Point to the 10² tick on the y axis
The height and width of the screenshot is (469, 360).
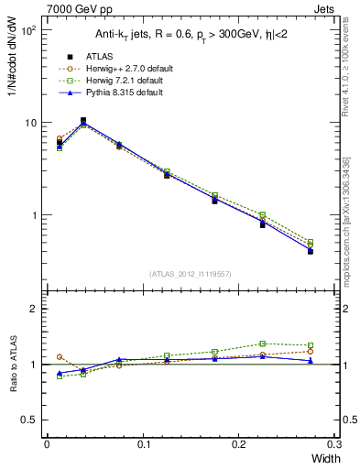pyautogui.click(x=27, y=30)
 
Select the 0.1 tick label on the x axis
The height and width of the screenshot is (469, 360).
pyautogui.click(x=142, y=444)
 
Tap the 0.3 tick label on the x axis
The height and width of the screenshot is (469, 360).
pyautogui.click(x=335, y=444)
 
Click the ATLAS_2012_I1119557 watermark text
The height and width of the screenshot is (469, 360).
pyautogui.click(x=190, y=274)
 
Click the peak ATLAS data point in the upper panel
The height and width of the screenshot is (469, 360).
pyautogui.click(x=83, y=120)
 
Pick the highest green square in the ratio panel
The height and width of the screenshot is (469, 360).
pyautogui.click(x=262, y=344)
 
